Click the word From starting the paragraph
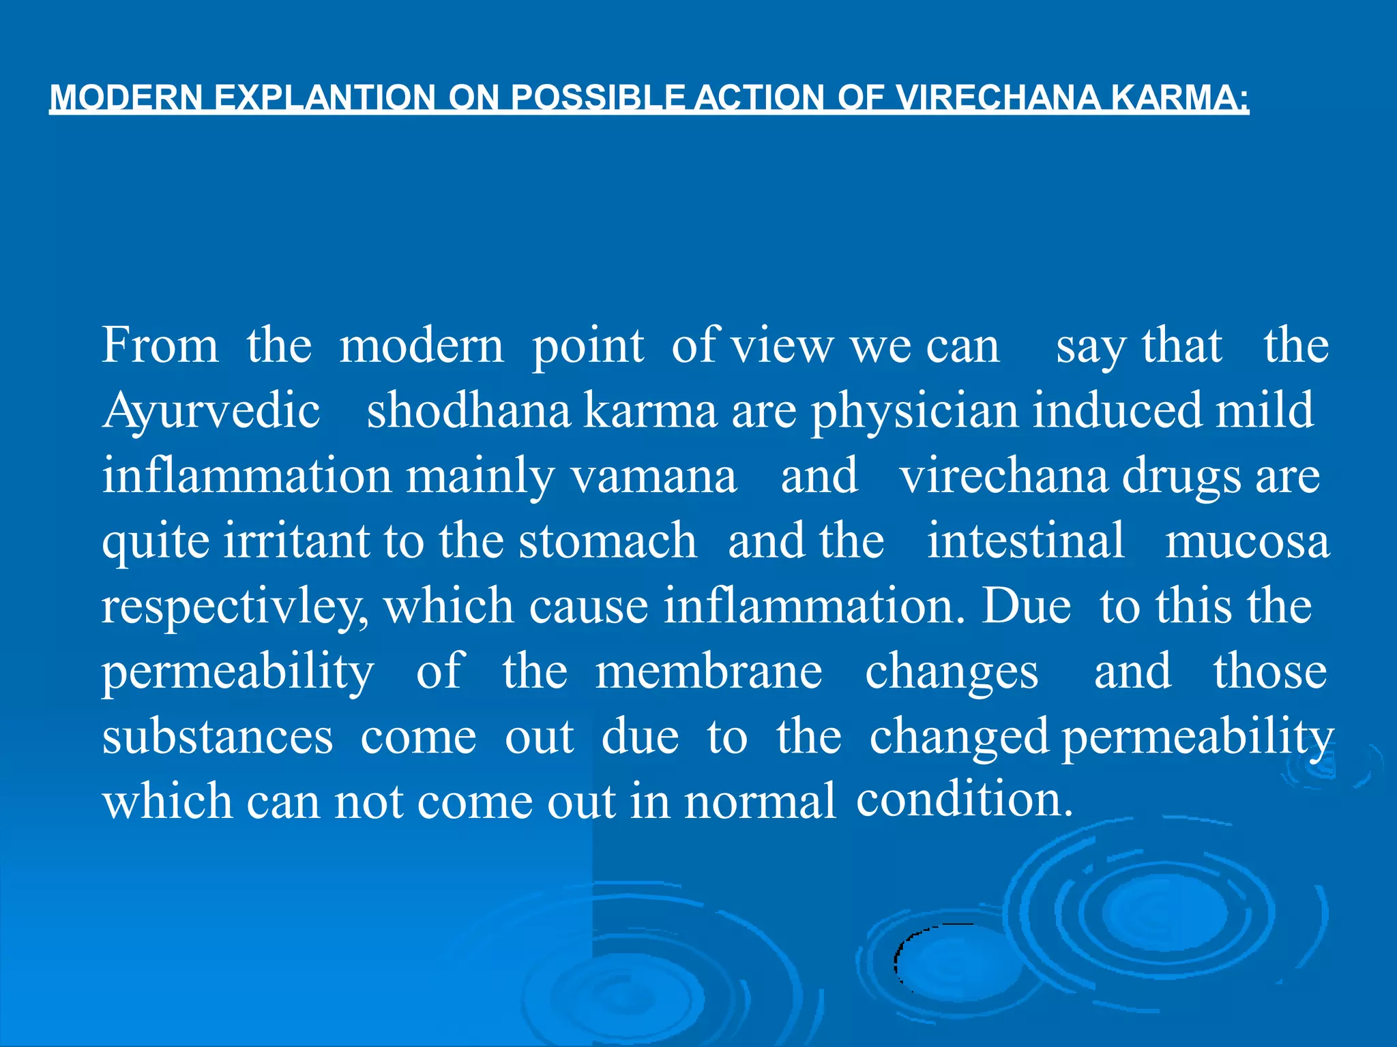[x=160, y=345]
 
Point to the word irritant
[x=296, y=541]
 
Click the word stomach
[x=607, y=541]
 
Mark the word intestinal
[x=1025, y=541]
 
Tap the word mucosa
[x=1247, y=541]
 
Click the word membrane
[x=709, y=671]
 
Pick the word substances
[x=218, y=737]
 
